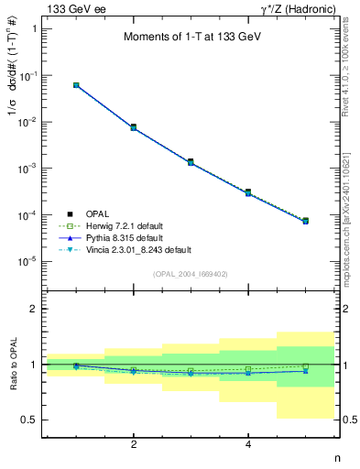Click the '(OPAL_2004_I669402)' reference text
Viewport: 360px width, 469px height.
click(x=190, y=274)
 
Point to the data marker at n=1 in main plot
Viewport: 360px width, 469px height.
click(x=76, y=85)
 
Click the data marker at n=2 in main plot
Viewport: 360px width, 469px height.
click(x=134, y=127)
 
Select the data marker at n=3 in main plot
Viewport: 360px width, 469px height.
click(x=191, y=162)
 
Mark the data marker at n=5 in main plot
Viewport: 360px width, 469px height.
click(x=305, y=221)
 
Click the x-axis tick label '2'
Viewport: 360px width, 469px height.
click(x=134, y=445)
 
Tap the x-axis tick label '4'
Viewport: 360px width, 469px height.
click(x=248, y=445)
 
